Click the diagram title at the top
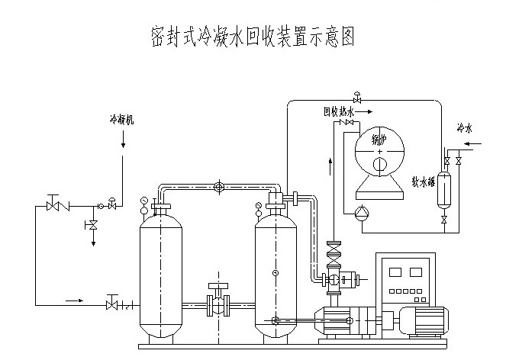coord(252,37)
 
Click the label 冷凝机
coord(121,121)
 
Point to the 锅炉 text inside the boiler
coord(379,140)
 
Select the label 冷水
coord(465,127)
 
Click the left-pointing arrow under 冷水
coord(472,143)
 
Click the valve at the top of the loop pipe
coord(357,97)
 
